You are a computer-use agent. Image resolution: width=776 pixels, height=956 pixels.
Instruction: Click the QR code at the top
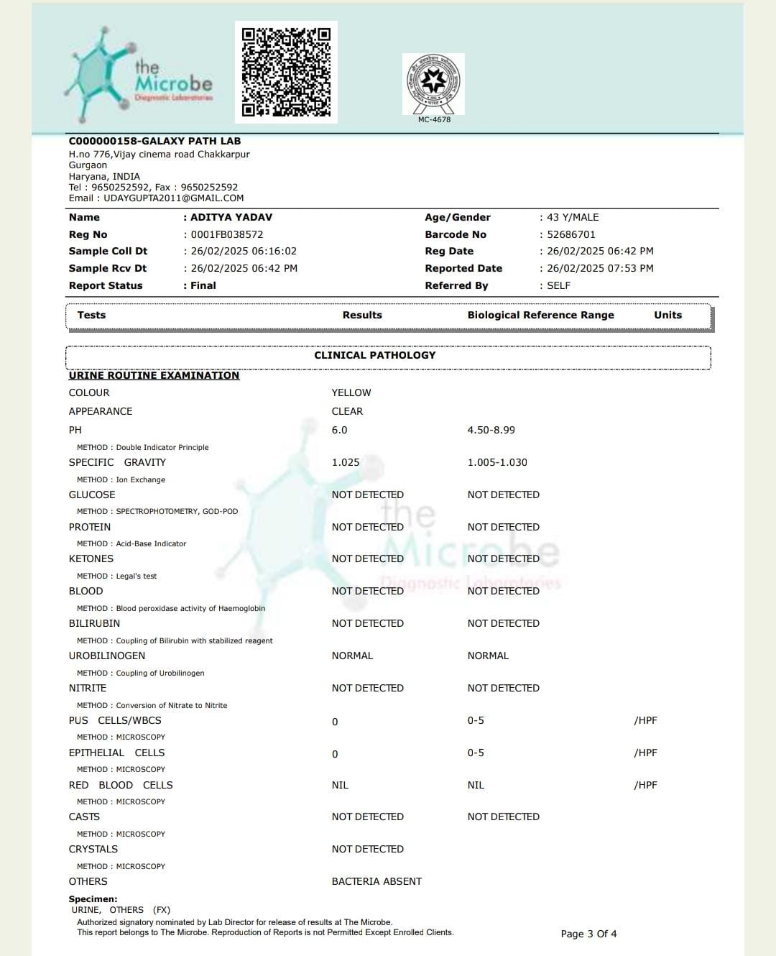tap(286, 72)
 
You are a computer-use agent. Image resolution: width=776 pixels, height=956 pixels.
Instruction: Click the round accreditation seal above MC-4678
tap(433, 83)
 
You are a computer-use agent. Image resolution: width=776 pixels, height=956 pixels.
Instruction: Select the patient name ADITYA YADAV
tap(231, 217)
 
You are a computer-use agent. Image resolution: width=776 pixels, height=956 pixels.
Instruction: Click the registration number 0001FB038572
tap(227, 234)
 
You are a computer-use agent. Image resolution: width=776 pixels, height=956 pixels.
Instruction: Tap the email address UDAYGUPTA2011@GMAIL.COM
tap(173, 198)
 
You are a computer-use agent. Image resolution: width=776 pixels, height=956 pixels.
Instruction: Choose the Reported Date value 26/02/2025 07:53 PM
tap(600, 268)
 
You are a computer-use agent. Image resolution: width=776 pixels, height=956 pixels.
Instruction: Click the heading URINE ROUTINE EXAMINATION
tap(154, 375)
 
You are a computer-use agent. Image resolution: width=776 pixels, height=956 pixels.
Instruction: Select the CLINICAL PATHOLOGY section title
tap(375, 355)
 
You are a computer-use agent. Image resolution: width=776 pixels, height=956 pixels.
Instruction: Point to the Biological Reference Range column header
tap(540, 315)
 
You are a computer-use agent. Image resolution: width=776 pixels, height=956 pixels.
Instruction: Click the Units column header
tap(668, 315)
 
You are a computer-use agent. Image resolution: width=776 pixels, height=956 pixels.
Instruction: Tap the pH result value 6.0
tap(339, 430)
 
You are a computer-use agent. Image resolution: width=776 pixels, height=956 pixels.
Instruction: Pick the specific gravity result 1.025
tap(346, 462)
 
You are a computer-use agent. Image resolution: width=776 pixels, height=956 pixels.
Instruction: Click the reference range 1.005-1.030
tap(497, 462)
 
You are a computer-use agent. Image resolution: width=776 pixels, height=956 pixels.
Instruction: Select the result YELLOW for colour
tap(351, 392)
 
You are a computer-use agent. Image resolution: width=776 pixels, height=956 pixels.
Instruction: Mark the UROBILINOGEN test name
tap(107, 656)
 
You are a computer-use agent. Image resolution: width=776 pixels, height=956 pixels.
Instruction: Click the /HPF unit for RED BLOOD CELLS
tap(645, 785)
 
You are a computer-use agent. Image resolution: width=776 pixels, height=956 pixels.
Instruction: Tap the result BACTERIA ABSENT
tap(377, 881)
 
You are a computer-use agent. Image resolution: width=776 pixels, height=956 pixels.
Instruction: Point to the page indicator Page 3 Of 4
tap(588, 934)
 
